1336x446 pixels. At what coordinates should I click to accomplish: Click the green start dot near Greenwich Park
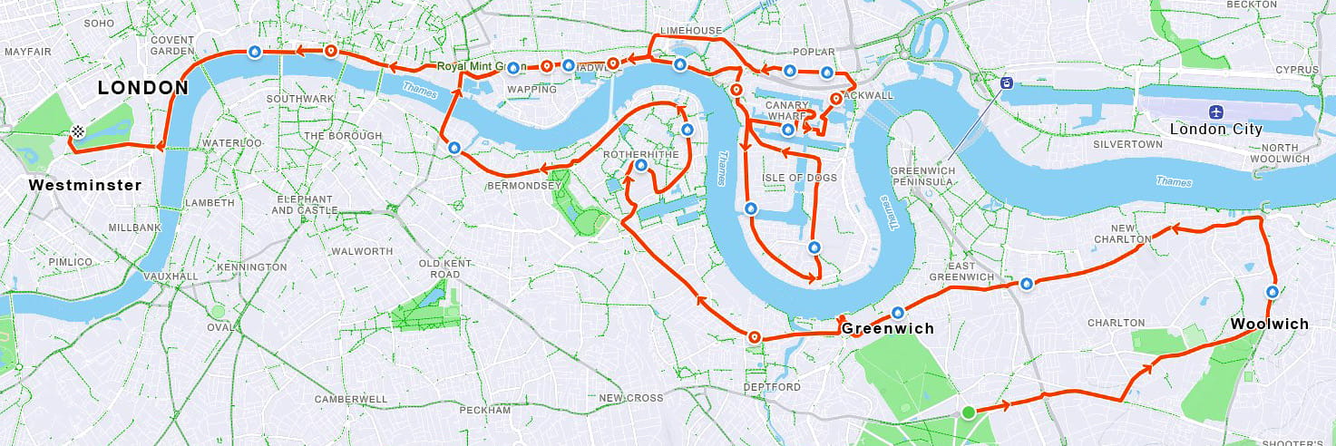pyautogui.click(x=969, y=412)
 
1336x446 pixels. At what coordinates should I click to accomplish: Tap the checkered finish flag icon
pyautogui.click(x=78, y=132)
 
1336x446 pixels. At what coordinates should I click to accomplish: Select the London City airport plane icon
pyautogui.click(x=1215, y=111)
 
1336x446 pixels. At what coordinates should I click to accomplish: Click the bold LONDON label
pyautogui.click(x=142, y=88)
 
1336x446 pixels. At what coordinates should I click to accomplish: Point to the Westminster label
pyautogui.click(x=85, y=185)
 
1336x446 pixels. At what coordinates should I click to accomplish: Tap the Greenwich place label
pyautogui.click(x=887, y=328)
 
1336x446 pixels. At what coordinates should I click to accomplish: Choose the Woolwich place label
pyautogui.click(x=1269, y=324)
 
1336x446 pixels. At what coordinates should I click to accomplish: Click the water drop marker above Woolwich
pyautogui.click(x=1273, y=292)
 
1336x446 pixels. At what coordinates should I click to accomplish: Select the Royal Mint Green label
pyautogui.click(x=481, y=66)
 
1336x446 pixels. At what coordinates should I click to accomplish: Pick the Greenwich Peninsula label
pyautogui.click(x=922, y=176)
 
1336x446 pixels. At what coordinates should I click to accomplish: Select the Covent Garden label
pyautogui.click(x=172, y=45)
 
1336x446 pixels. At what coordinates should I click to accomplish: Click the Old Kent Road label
pyautogui.click(x=440, y=268)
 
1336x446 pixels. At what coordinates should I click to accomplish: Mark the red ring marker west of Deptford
pyautogui.click(x=754, y=338)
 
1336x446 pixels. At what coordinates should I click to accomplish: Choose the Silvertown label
pyautogui.click(x=1127, y=144)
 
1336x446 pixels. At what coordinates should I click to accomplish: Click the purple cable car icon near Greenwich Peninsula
pyautogui.click(x=1006, y=83)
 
